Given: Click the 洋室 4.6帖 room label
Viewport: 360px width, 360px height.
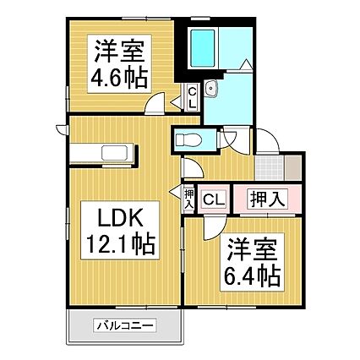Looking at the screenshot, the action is click(119, 63).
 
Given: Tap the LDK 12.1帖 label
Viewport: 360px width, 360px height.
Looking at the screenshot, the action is click(120, 230).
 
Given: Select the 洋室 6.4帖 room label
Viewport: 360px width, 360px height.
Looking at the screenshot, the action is click(252, 262).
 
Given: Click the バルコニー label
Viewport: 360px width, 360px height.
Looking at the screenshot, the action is click(125, 326).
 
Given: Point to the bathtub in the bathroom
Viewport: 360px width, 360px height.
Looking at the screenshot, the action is click(202, 48).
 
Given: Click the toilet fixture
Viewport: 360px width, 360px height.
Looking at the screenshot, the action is click(188, 140).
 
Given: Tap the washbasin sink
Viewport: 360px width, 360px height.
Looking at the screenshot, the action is click(211, 88).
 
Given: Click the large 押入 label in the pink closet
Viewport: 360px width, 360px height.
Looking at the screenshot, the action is click(268, 199).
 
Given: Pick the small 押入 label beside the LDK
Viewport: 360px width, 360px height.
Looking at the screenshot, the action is click(189, 199).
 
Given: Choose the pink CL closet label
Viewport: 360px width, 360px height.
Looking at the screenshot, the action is click(215, 199).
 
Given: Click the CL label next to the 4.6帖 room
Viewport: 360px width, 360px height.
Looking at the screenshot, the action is click(193, 97).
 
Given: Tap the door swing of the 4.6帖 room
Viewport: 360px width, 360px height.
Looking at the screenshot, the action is click(155, 103).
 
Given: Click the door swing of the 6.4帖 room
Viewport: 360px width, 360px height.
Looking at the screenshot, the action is click(215, 226).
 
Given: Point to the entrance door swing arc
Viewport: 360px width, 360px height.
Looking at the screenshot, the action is click(268, 140).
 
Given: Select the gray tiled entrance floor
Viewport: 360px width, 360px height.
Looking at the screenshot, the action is click(270, 167).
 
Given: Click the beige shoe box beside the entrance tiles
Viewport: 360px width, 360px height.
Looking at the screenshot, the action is click(293, 167).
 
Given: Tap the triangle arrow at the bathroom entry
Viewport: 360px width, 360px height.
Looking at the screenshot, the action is click(247, 64).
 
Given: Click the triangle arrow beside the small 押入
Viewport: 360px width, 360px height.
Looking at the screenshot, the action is click(175, 191).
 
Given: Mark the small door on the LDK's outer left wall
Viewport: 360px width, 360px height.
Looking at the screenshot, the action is click(62, 129).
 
